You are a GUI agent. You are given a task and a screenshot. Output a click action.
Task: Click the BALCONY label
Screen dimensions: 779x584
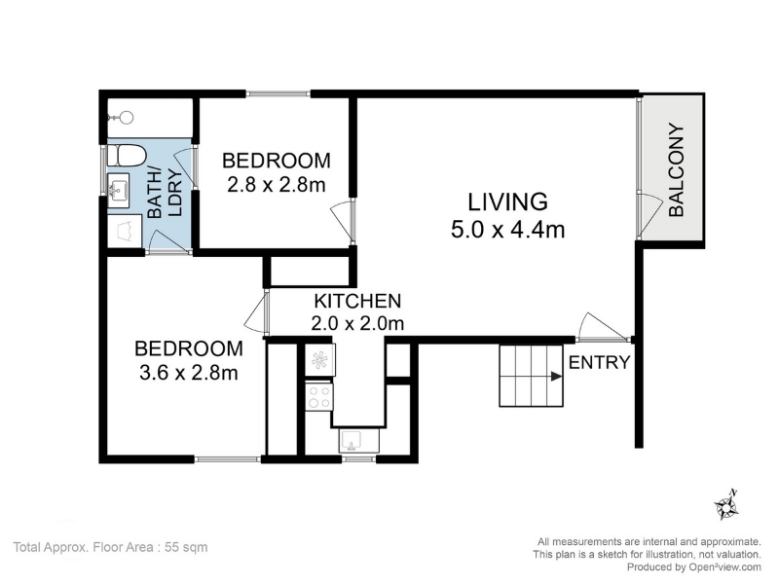pos(677,169)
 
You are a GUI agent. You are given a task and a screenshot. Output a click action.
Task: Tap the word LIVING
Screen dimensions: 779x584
pos(507,202)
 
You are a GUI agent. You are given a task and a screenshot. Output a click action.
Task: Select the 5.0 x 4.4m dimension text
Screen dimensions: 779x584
pos(507,230)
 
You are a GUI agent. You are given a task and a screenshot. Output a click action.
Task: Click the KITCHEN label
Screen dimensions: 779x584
pos(357,301)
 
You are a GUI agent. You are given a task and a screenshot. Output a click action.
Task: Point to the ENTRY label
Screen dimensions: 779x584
pos(599,362)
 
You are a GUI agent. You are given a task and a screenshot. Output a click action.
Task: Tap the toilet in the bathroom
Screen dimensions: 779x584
pos(127,155)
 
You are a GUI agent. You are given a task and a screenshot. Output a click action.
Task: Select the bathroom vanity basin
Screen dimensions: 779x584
pos(118,190)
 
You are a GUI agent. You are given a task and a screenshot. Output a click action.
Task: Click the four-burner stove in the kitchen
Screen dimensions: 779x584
pos(319,397)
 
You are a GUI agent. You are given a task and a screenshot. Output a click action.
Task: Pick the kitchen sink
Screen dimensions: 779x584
pos(358,440)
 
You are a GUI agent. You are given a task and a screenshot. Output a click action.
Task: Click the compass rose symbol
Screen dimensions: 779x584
pos(725,505)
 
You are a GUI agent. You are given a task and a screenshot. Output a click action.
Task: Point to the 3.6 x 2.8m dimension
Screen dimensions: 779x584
pos(189,373)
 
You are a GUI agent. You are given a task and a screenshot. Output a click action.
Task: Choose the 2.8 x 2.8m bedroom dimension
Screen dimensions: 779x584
pos(277,185)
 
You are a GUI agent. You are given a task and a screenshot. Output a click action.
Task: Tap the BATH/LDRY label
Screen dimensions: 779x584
pos(166,193)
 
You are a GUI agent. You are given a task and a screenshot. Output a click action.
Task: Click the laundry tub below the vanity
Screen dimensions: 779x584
pos(126,231)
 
